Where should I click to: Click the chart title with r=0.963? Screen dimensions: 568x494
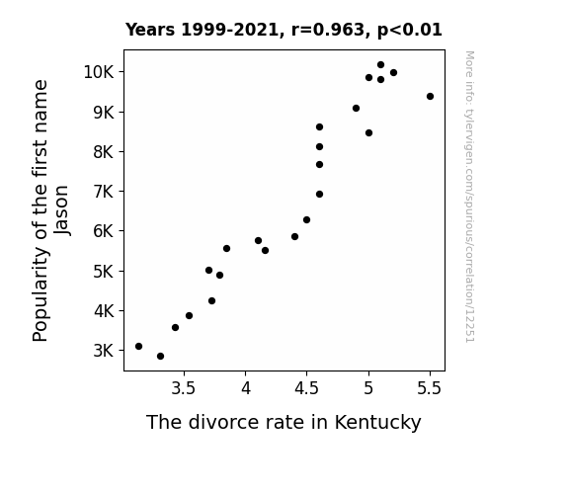pos(284,30)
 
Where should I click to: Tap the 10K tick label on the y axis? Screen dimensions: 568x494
pos(99,72)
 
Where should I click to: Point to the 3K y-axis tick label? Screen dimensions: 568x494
pos(104,351)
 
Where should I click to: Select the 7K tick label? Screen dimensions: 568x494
pos(104,192)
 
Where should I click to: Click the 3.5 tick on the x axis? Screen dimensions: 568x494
pos(184,388)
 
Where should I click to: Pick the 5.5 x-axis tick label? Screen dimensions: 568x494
pos(430,388)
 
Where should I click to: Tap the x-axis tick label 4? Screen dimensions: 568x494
pos(246,388)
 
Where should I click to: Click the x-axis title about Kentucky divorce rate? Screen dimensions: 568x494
pos(284,422)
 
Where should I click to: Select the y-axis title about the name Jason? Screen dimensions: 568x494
pos(50,210)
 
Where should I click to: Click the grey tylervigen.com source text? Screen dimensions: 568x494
pos(470,197)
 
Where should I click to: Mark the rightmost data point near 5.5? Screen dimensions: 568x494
pos(430,97)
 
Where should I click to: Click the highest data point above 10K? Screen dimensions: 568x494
pos(380,65)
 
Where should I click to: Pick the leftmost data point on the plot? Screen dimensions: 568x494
pos(138,347)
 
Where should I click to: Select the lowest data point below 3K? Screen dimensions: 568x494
pos(160,357)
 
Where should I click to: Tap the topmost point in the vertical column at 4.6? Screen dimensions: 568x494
pos(319,126)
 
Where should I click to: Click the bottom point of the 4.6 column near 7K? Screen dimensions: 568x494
pos(319,195)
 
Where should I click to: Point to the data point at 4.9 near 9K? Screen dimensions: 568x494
pos(356,109)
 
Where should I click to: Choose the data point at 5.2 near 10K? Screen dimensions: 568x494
pos(394,73)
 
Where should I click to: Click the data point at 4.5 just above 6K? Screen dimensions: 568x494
pos(307,220)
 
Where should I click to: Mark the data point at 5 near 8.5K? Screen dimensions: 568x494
pos(368,133)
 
